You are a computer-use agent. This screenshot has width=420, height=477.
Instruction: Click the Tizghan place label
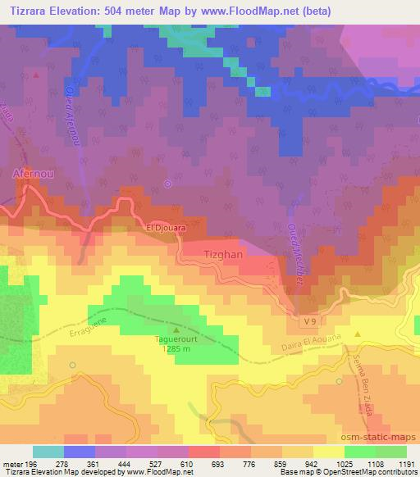(x=221, y=255)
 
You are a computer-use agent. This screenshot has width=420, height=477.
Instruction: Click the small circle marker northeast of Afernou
(x=167, y=184)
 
